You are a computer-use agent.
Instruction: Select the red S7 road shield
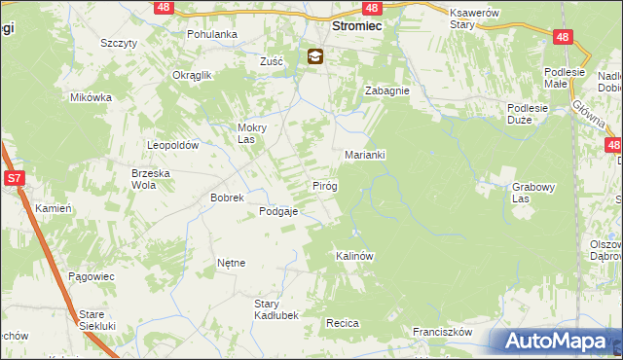click(x=14, y=179)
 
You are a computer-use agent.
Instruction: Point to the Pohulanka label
click(x=212, y=34)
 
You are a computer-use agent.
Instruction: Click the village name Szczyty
click(x=118, y=44)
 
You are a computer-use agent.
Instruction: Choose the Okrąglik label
click(x=192, y=75)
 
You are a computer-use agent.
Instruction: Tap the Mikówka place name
click(x=92, y=97)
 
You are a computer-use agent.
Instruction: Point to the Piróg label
click(x=324, y=185)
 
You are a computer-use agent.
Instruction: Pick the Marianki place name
click(x=366, y=155)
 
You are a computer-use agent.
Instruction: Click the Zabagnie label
click(x=386, y=90)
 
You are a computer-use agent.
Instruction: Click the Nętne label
click(x=231, y=263)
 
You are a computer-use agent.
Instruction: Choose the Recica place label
click(x=343, y=322)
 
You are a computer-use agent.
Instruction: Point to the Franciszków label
click(x=441, y=332)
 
